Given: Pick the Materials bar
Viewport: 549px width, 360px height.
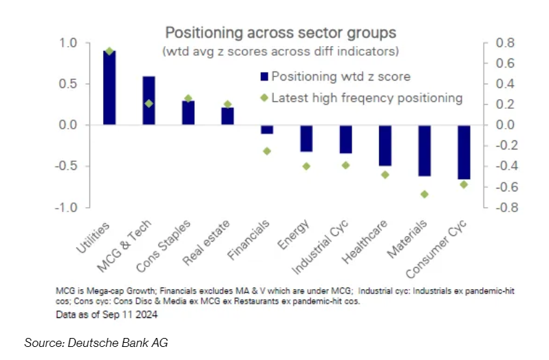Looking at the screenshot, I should pos(425,151).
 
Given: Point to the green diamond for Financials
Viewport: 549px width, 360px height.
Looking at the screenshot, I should pos(267,151).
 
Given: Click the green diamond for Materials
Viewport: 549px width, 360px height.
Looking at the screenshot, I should pos(424,194).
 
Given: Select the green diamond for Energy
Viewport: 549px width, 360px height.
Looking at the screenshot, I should pos(306,166).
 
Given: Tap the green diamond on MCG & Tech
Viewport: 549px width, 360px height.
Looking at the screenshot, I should pos(149,103).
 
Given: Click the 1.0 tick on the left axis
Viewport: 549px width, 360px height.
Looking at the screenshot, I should pos(68,43).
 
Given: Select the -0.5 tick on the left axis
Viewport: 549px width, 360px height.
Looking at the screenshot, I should pos(66,166).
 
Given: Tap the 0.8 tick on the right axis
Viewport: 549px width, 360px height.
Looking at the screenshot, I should pos(504,43).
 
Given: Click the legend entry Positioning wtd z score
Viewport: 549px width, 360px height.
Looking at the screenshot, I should pos(341,76).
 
